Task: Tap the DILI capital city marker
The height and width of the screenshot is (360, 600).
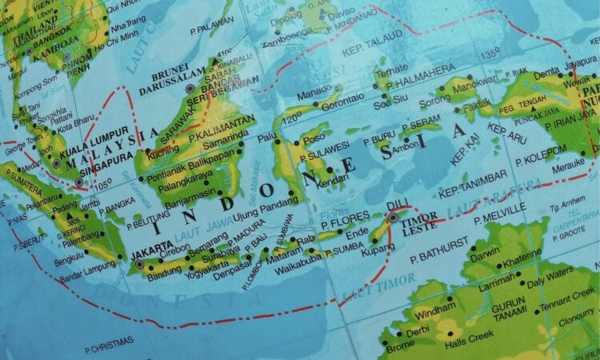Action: coord(393,216)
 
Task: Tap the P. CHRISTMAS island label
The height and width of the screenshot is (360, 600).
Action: coord(110,350)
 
